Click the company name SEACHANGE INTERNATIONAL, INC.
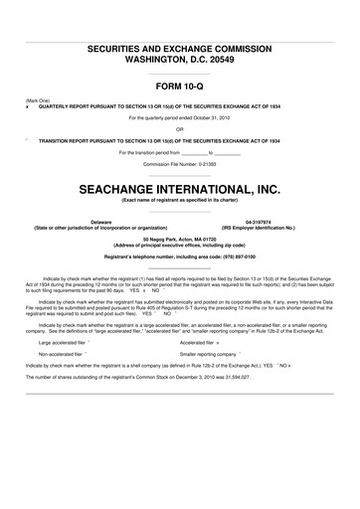click(180, 186)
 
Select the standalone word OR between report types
click(180, 128)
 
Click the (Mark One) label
click(38, 100)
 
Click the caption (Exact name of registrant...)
click(180, 200)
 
